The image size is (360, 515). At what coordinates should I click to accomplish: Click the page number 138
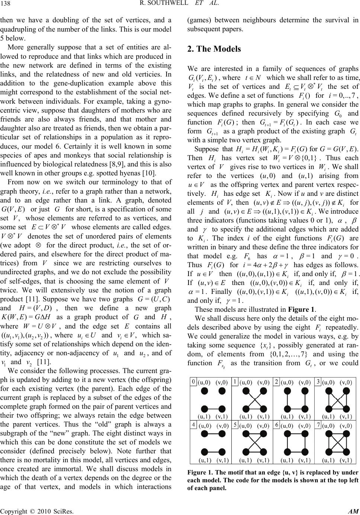pyautogui.click(x=6, y=5)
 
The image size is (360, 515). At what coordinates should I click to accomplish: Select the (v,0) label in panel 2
pyautogui.click(x=304, y=382)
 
